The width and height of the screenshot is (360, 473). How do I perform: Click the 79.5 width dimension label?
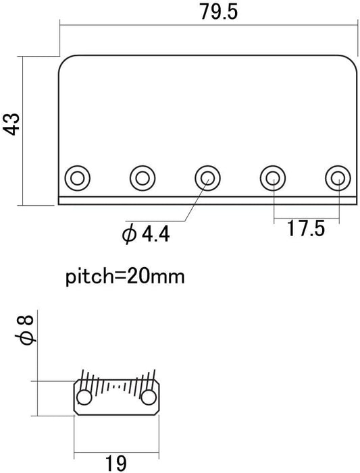pos(219,11)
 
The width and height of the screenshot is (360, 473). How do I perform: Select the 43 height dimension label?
pos(11,124)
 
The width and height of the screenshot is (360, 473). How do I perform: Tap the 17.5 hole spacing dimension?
pos(305,228)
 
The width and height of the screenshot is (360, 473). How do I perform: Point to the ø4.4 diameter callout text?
pos(146,234)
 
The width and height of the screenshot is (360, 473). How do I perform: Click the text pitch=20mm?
pos(125,276)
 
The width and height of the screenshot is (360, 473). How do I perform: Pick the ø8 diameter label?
pos(26,329)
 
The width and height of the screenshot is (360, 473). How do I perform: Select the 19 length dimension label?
pos(116,463)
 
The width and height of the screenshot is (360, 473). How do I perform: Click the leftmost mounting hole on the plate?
pos(78,178)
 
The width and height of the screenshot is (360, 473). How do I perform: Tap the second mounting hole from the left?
pos(143,178)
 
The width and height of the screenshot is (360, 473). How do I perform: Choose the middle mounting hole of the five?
pos(207,178)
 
